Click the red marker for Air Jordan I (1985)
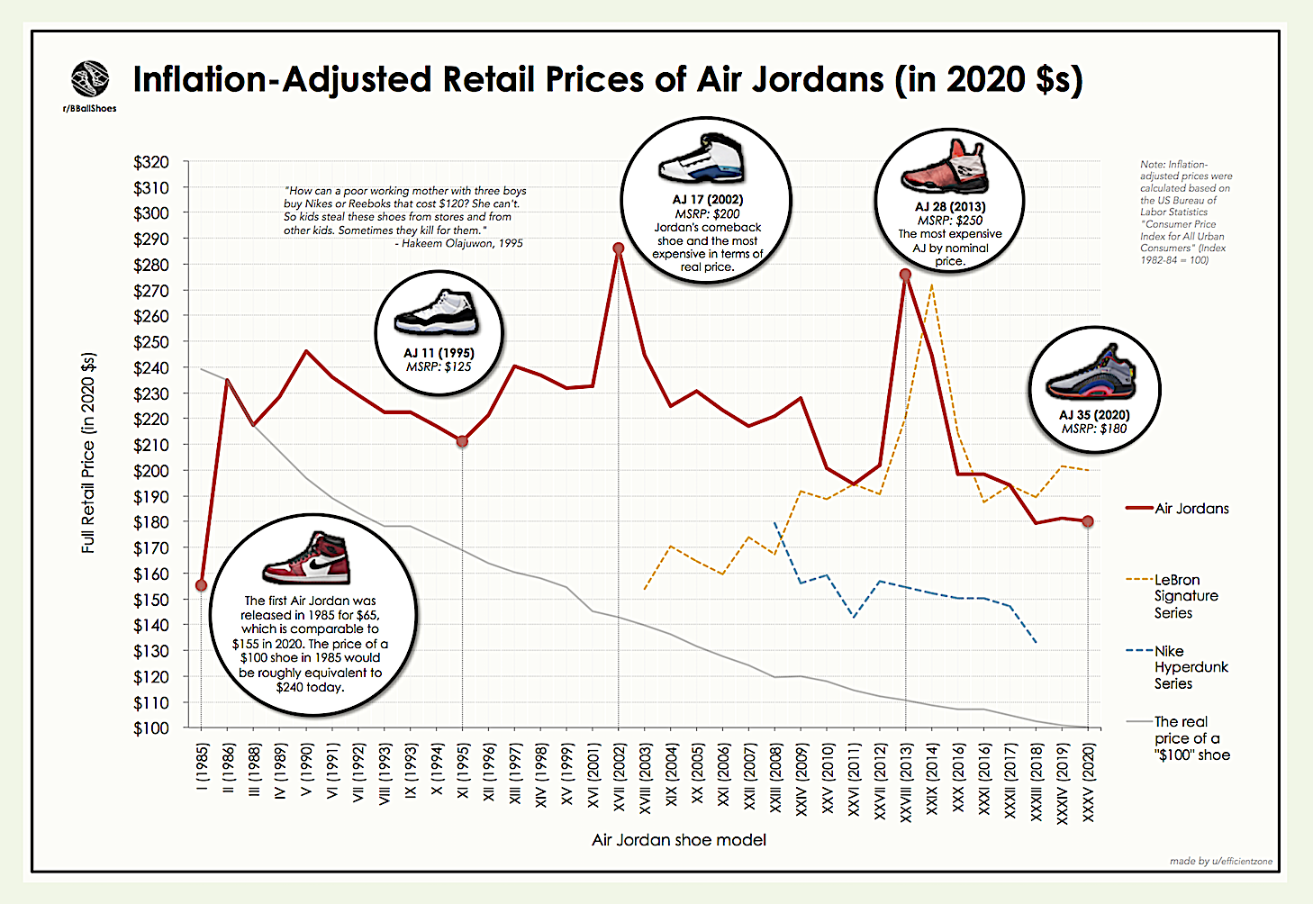coord(201,585)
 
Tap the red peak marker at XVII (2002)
coord(618,248)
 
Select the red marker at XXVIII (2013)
coord(905,275)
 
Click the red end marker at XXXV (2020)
coord(1088,521)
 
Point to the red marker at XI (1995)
coord(462,441)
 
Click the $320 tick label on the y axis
coord(150,162)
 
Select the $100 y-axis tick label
coord(150,728)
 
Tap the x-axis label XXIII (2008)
coord(776,780)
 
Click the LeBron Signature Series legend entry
coord(1185,596)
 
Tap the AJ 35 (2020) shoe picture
coord(1091,375)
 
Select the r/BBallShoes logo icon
coord(90,79)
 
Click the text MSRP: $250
coord(949,220)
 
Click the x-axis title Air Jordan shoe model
coord(679,840)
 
